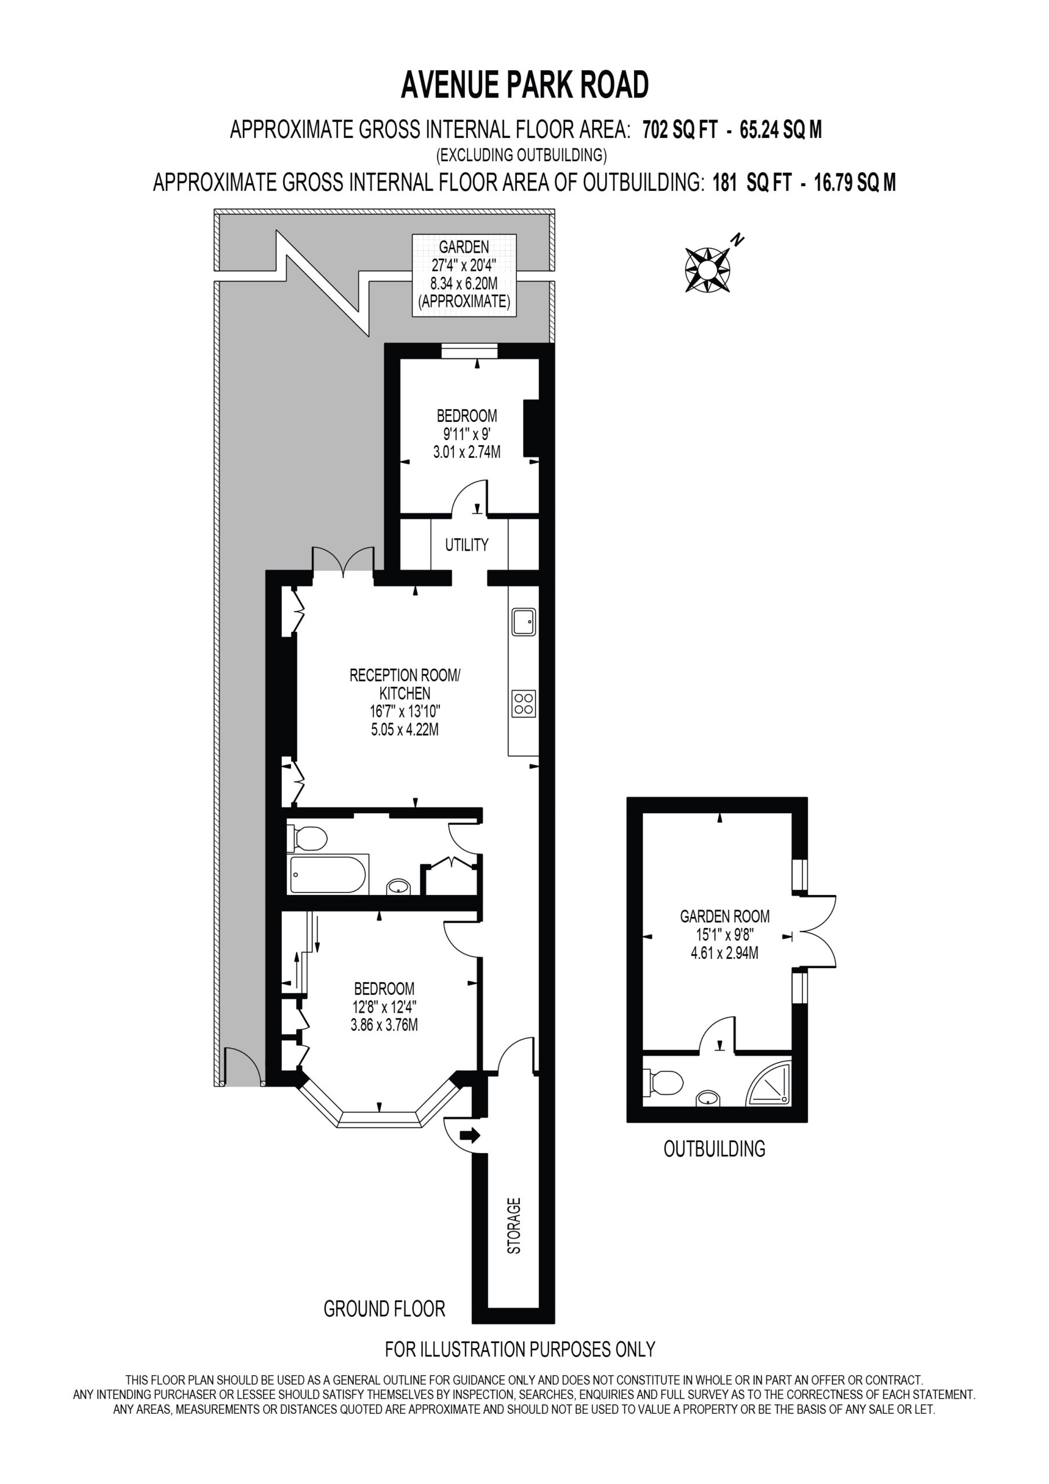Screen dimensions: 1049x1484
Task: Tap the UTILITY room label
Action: coord(467,545)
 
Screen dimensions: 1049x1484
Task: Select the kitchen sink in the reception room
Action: coord(523,622)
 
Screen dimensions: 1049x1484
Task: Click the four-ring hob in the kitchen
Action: coord(523,704)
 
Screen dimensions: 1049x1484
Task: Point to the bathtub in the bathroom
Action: coord(329,875)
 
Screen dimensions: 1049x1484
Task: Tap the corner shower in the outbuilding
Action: coord(769,1083)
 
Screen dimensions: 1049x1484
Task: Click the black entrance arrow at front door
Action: coord(470,1135)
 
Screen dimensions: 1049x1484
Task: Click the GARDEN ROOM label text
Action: coord(724,916)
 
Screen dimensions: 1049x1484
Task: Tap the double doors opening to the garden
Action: coord(343,560)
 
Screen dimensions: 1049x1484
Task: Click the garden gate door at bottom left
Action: coord(241,1065)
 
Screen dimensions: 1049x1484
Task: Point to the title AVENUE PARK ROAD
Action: coord(525,85)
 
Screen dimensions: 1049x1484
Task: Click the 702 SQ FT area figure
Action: coord(680,130)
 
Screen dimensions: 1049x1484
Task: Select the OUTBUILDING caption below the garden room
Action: coord(715,1148)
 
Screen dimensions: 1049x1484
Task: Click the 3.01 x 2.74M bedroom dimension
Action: coord(467,452)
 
